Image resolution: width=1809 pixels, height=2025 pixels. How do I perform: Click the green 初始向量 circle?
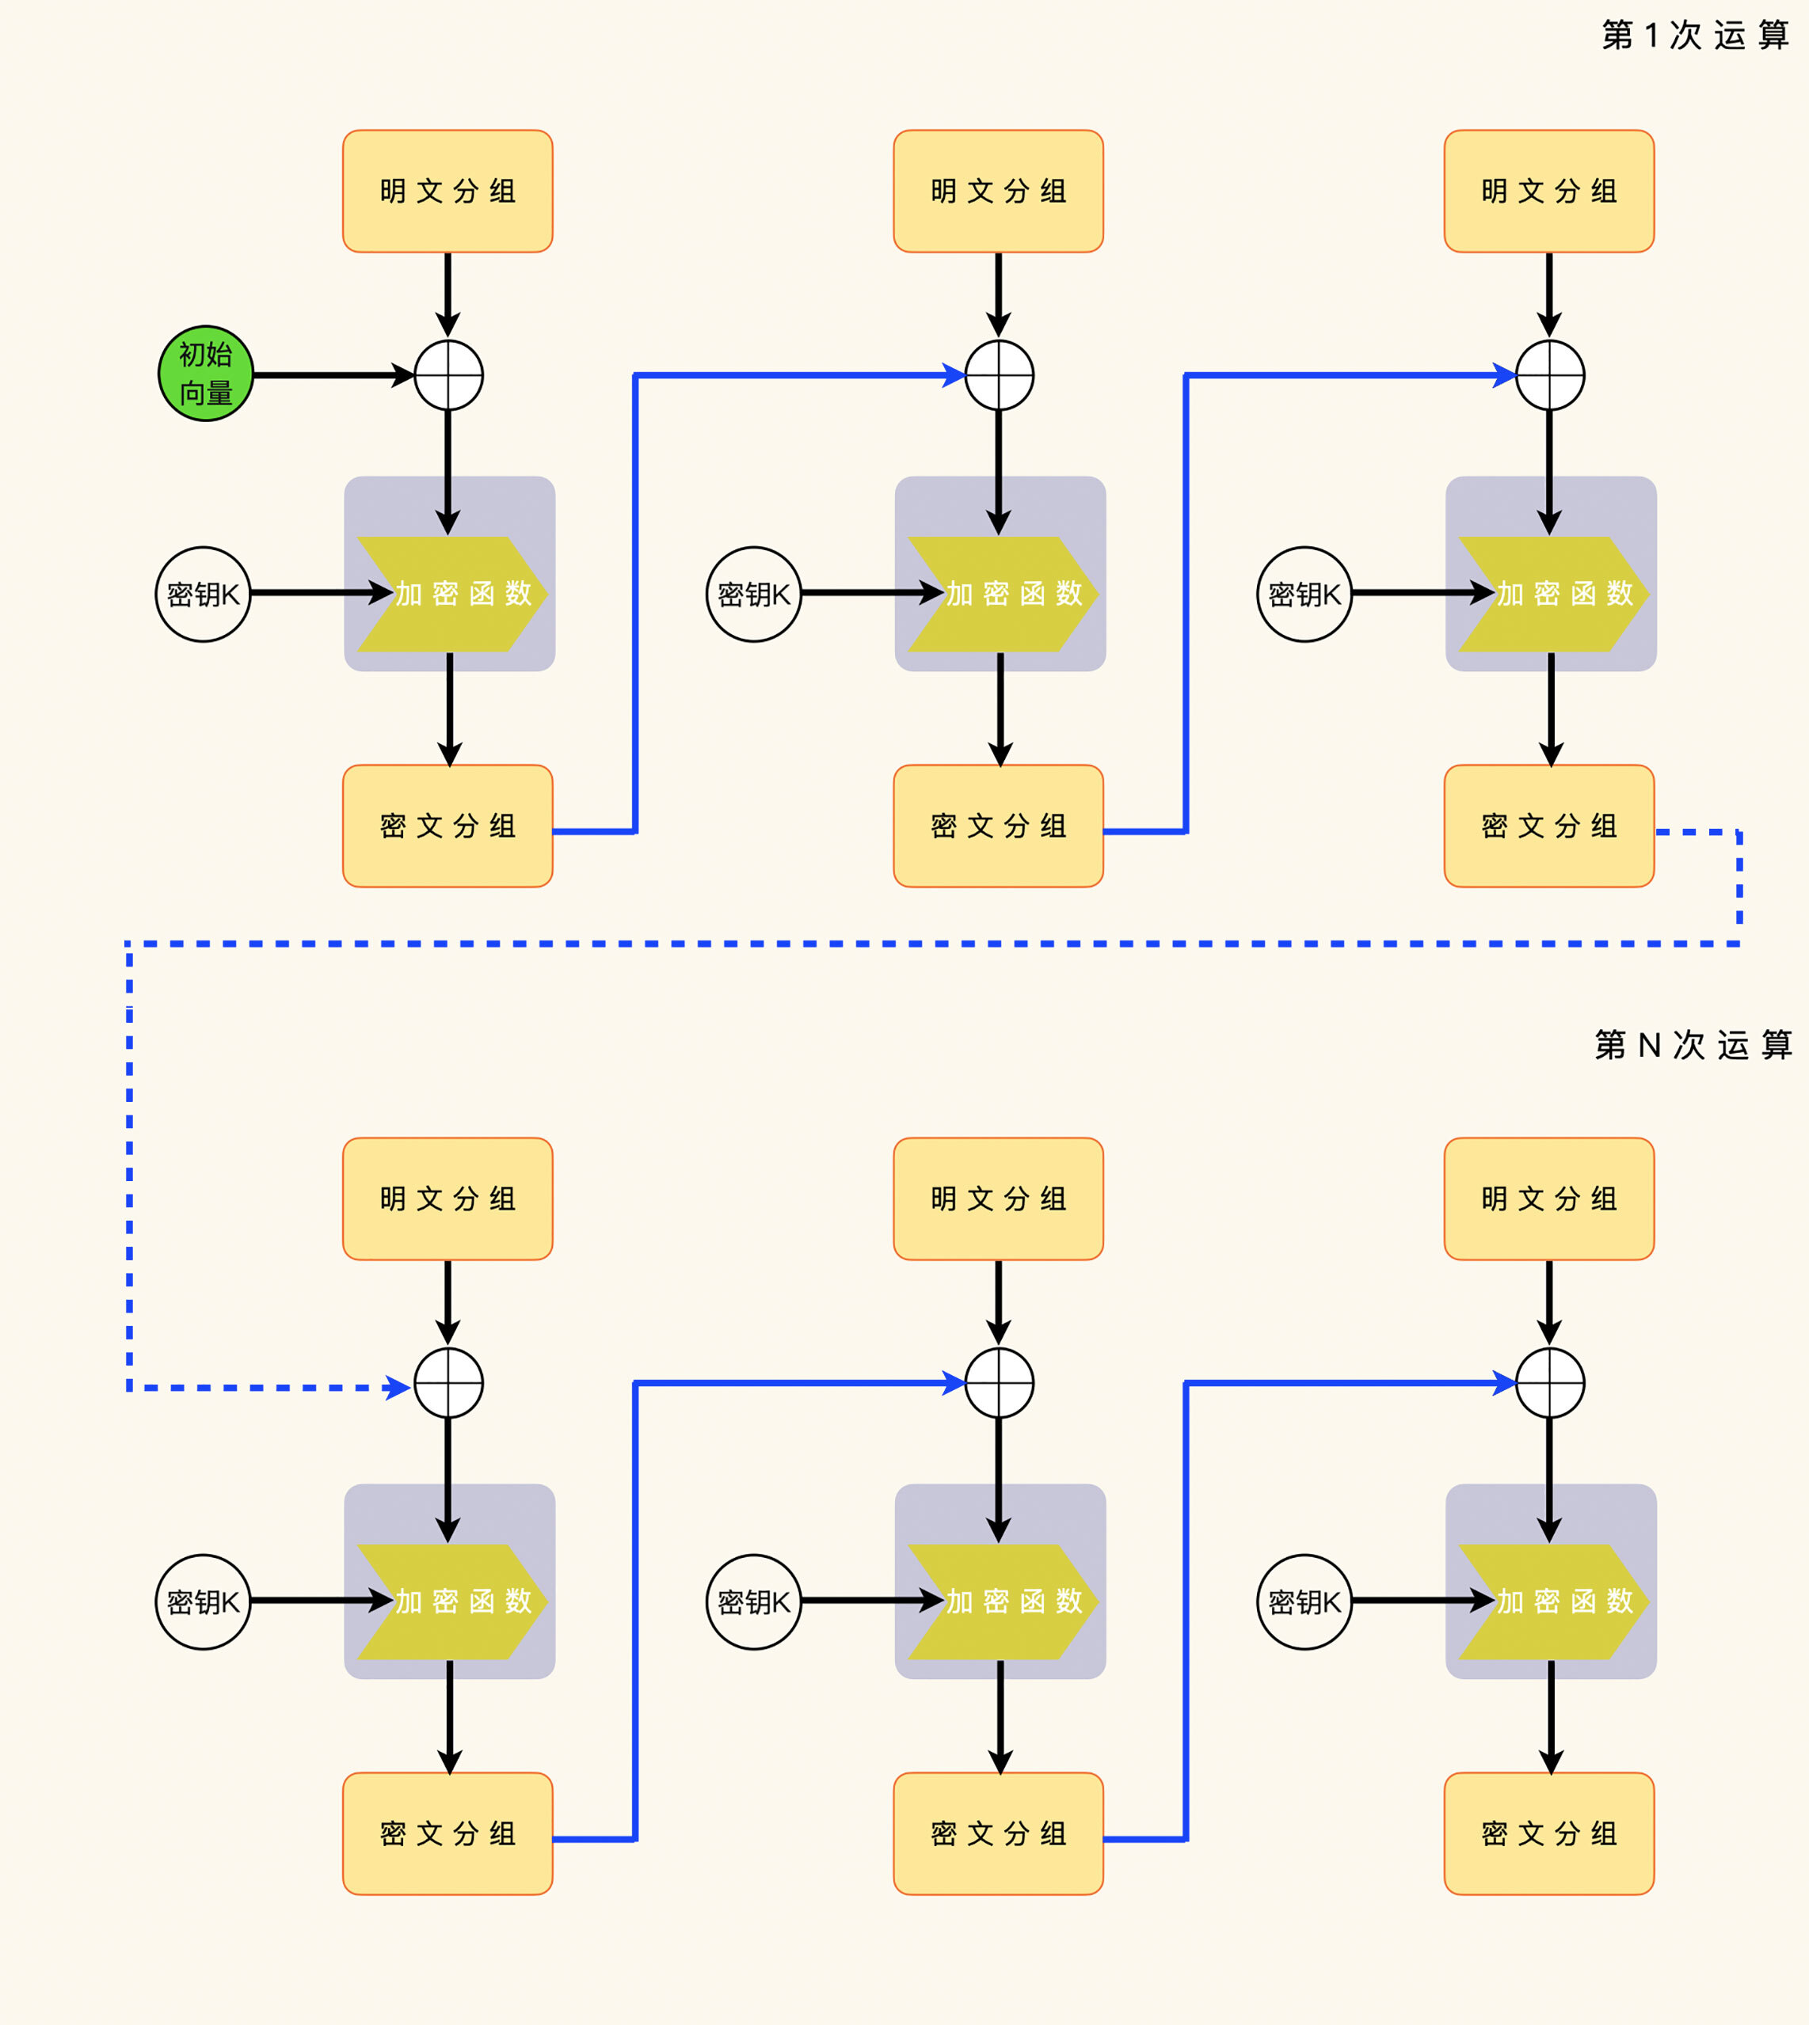point(206,374)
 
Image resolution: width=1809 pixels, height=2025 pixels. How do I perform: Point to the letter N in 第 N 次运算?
point(1650,1045)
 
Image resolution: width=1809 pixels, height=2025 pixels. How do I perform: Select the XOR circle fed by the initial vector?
point(449,375)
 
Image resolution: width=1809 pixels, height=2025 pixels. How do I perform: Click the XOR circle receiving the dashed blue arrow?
point(449,1383)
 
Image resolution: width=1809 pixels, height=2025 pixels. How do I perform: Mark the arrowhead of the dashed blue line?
point(399,1387)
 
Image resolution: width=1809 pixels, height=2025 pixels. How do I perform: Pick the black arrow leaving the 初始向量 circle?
point(333,375)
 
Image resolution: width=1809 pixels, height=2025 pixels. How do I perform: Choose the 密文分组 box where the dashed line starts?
point(1548,826)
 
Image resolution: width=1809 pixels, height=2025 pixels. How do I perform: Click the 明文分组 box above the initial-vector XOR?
point(447,191)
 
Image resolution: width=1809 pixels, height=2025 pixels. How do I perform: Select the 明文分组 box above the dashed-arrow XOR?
point(447,1199)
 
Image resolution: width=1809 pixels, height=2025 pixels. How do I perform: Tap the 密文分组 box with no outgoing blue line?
point(1548,1833)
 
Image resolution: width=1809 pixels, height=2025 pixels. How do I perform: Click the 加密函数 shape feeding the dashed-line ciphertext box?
point(1552,595)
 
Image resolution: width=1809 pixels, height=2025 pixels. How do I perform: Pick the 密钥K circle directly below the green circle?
point(204,595)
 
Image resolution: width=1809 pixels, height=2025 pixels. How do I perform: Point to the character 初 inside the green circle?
point(192,355)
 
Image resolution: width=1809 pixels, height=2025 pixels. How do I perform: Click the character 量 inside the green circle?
point(219,393)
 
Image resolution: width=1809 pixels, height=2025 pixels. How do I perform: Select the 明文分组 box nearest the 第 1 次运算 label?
point(1548,191)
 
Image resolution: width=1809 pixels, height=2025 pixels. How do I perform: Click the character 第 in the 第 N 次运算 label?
point(1610,1045)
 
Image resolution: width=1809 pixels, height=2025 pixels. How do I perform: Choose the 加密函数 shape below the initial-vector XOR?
point(451,595)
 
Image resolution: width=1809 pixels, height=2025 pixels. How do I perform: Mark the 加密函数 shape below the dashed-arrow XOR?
point(451,1601)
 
